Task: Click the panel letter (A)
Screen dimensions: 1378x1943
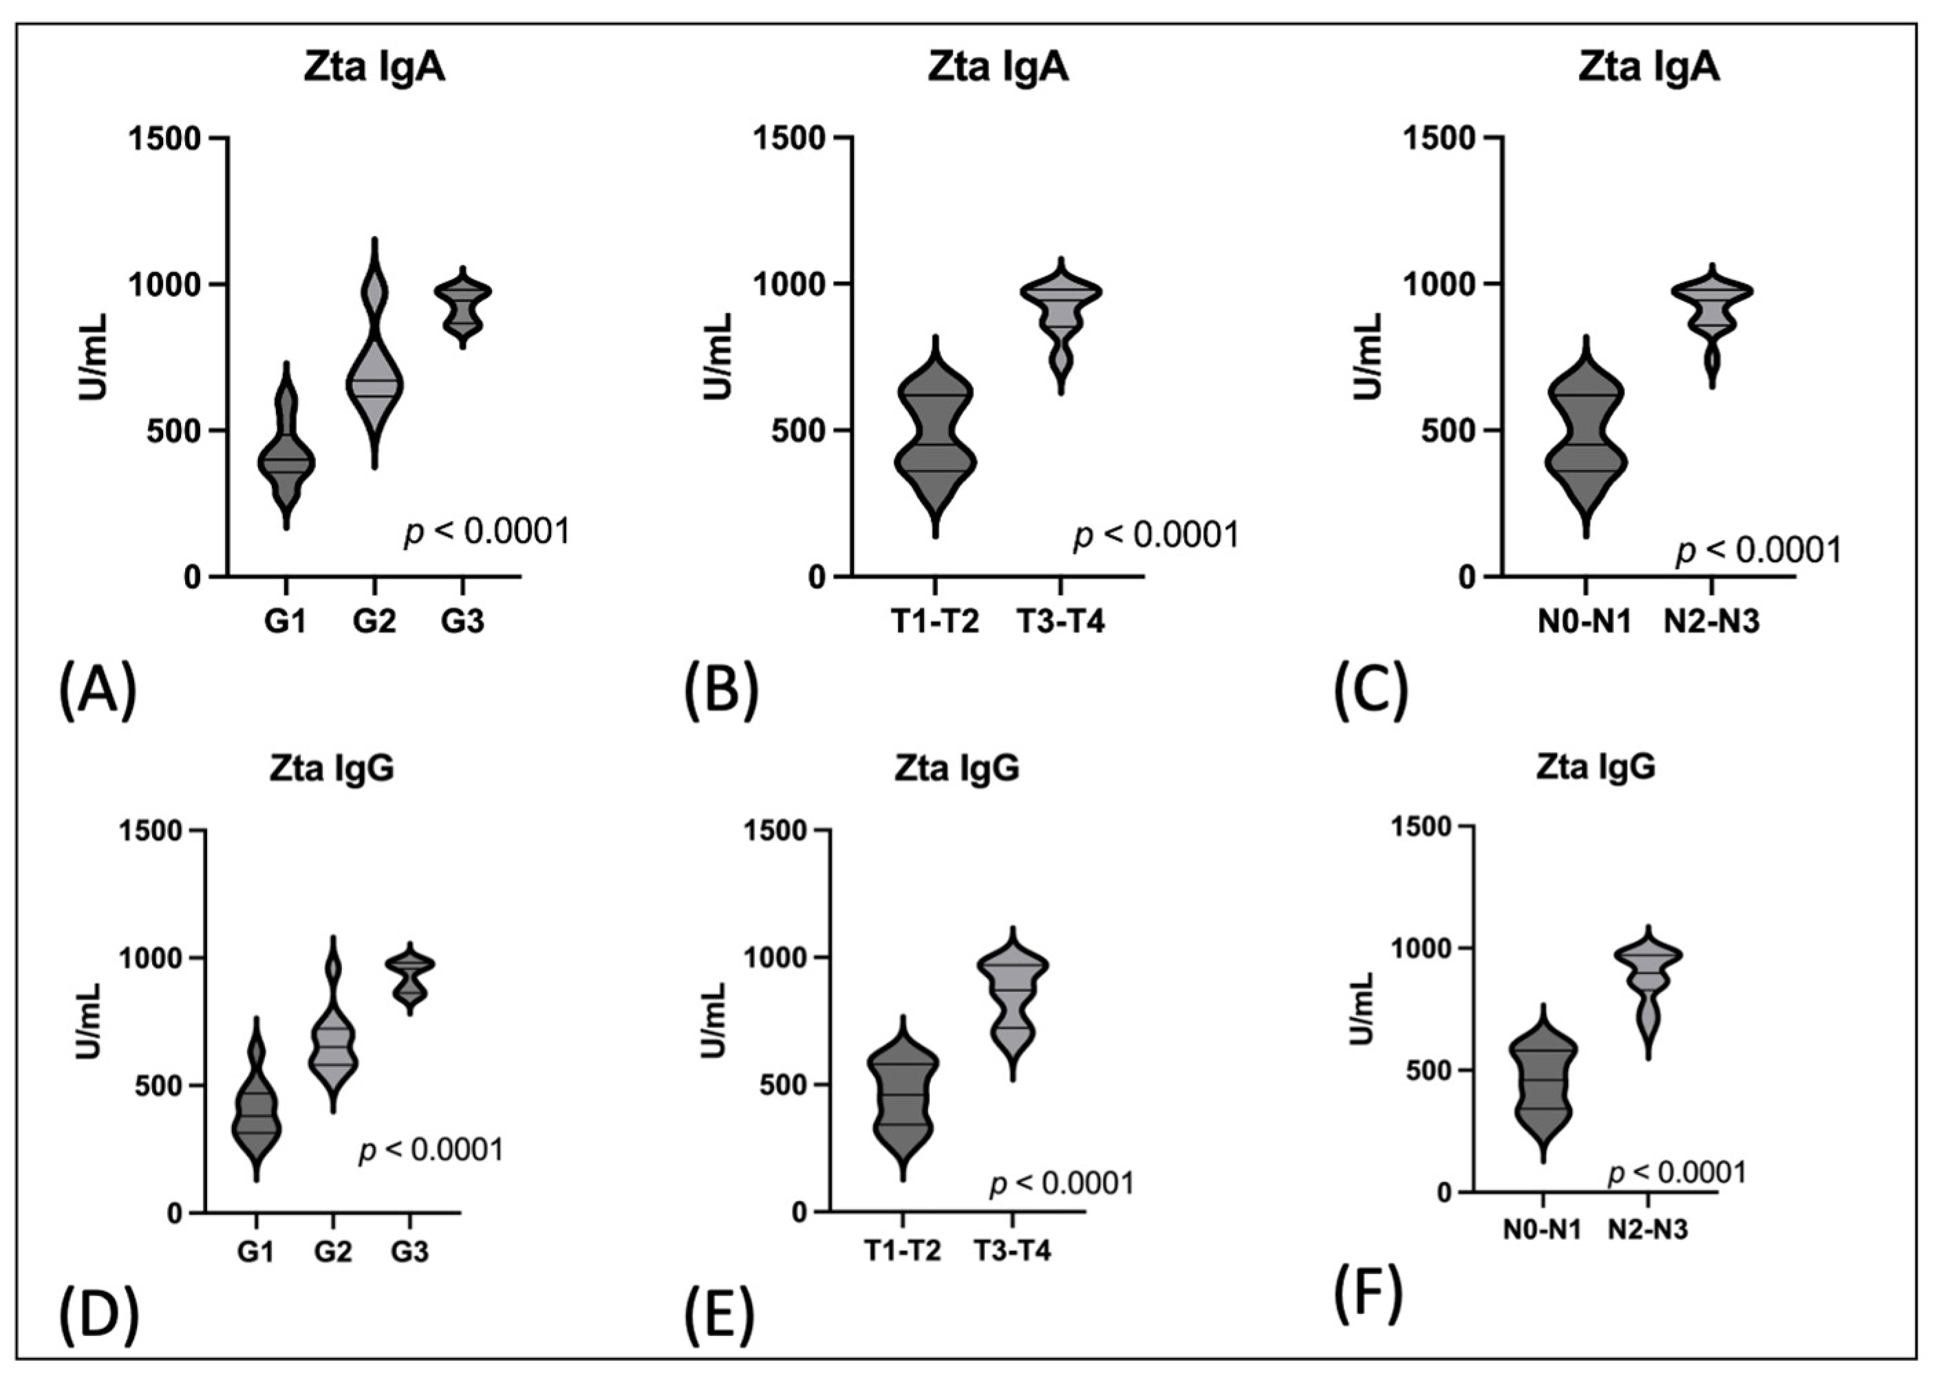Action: [x=98, y=691]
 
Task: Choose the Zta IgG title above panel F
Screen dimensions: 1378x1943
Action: [x=1596, y=767]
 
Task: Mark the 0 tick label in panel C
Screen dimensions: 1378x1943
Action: [x=1466, y=578]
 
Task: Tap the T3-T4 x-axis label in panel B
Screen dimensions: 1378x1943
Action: [x=1060, y=623]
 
